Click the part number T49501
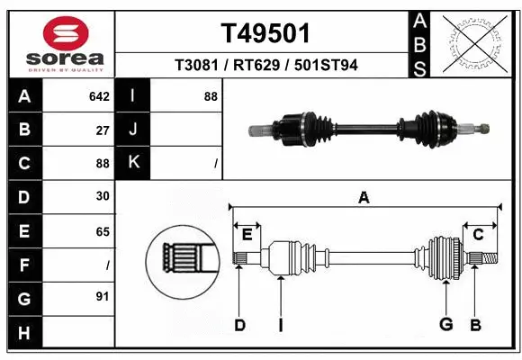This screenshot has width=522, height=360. coord(265,33)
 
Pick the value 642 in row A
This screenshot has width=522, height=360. coord(98,96)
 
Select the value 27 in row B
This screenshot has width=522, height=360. coord(103,130)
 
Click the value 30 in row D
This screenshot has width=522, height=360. coord(103,196)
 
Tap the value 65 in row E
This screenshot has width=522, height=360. coord(103,231)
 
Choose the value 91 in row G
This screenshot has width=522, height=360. coord(103,296)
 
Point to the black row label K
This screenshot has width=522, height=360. coord(133,163)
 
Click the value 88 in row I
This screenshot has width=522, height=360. coord(211,96)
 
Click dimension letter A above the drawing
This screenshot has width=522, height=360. coord(364,198)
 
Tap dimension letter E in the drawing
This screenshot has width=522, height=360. coord(247,235)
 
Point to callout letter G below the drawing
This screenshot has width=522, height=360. coord(445,325)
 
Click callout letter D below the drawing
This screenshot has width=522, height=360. coord(239,325)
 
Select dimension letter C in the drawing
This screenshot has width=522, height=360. coord(478,235)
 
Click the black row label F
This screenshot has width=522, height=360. coord(23,265)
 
